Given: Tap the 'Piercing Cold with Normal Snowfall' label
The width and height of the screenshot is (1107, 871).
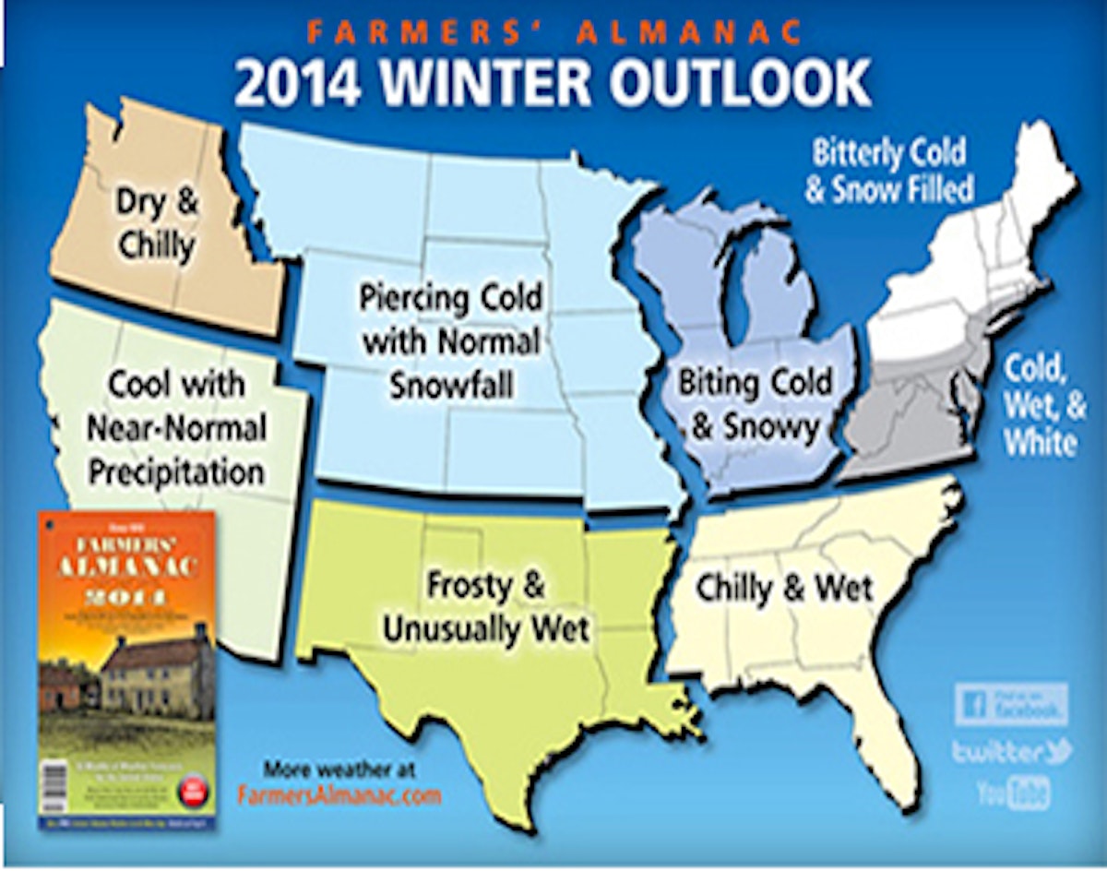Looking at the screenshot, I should pos(451,342).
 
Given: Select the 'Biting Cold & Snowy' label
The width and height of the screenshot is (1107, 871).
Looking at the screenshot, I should pos(755,404).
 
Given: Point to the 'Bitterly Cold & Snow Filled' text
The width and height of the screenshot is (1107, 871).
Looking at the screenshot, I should pos(888,171).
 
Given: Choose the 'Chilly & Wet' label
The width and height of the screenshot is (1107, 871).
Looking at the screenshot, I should pos(783,589).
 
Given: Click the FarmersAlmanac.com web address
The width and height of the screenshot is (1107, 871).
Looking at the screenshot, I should pos(339,795).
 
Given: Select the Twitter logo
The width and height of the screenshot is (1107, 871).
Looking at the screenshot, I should pos(1011,751).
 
